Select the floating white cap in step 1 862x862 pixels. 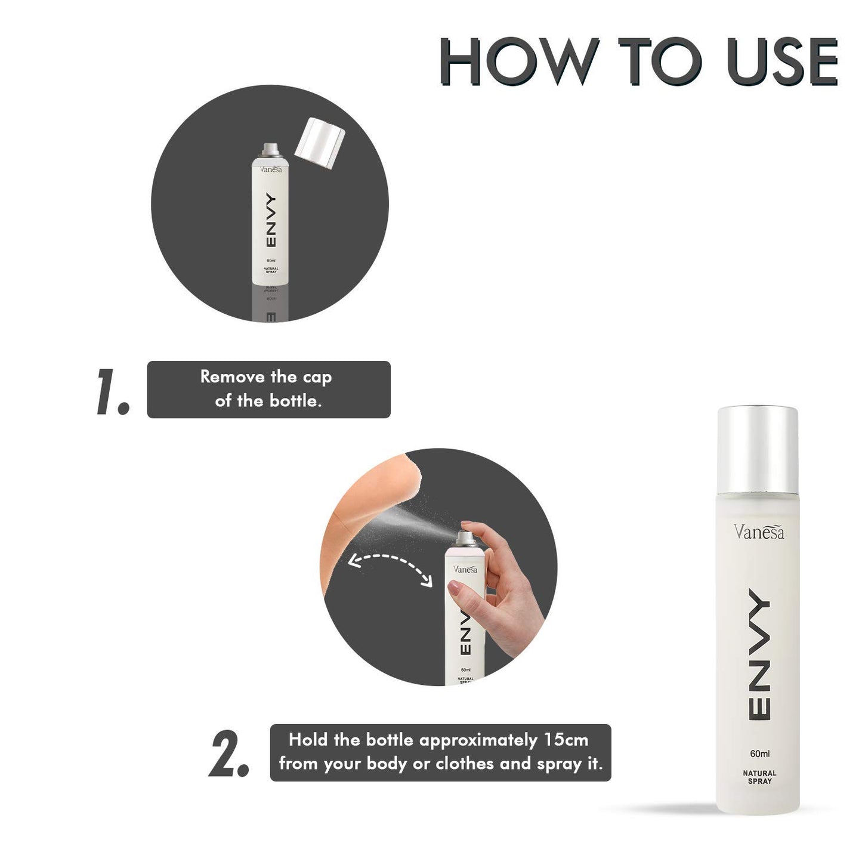(x=320, y=143)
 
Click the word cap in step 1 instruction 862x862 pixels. (x=317, y=378)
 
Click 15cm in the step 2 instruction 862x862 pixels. (x=566, y=740)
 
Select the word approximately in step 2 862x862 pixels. (x=478, y=740)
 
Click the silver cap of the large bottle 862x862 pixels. (x=758, y=442)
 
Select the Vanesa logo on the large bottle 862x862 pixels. (x=759, y=532)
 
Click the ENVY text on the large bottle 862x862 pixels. (x=759, y=654)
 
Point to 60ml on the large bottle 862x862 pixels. (x=759, y=754)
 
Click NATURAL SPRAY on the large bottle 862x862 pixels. (x=759, y=777)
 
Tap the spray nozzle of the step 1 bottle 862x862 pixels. (x=270, y=149)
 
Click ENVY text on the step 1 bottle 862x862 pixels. (x=270, y=220)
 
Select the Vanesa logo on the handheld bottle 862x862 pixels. (x=465, y=569)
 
